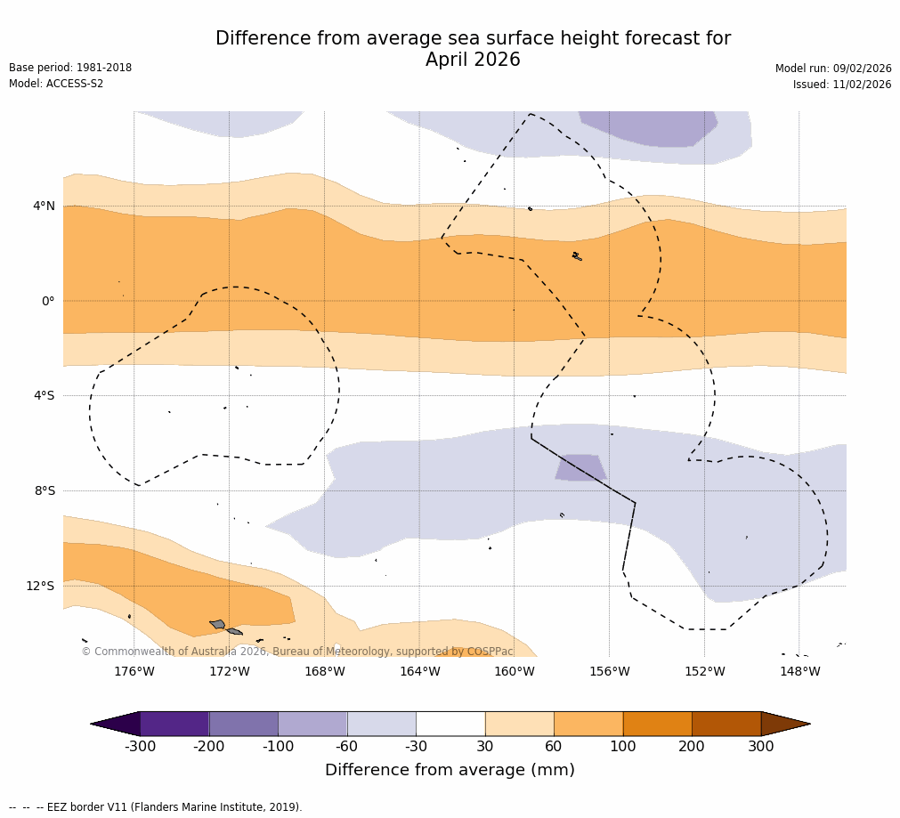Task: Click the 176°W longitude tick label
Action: [134, 671]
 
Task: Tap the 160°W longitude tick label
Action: [514, 671]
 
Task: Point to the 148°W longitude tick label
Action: [799, 671]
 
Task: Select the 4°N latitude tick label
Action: [44, 206]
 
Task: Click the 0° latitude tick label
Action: [48, 301]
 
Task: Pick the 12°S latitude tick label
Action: [40, 586]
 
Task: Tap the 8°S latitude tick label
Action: [45, 490]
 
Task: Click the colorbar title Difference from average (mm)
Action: [450, 770]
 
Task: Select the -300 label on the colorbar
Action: [140, 746]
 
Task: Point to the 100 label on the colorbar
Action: [622, 746]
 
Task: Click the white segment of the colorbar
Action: [450, 724]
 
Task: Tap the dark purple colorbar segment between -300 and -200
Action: [174, 724]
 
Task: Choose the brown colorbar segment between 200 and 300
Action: [726, 724]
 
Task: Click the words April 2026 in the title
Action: [473, 60]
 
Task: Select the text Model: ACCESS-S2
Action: [56, 84]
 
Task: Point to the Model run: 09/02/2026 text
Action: [833, 69]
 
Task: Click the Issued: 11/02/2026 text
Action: [842, 85]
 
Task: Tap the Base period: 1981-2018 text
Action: [70, 68]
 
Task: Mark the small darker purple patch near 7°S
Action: [580, 467]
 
